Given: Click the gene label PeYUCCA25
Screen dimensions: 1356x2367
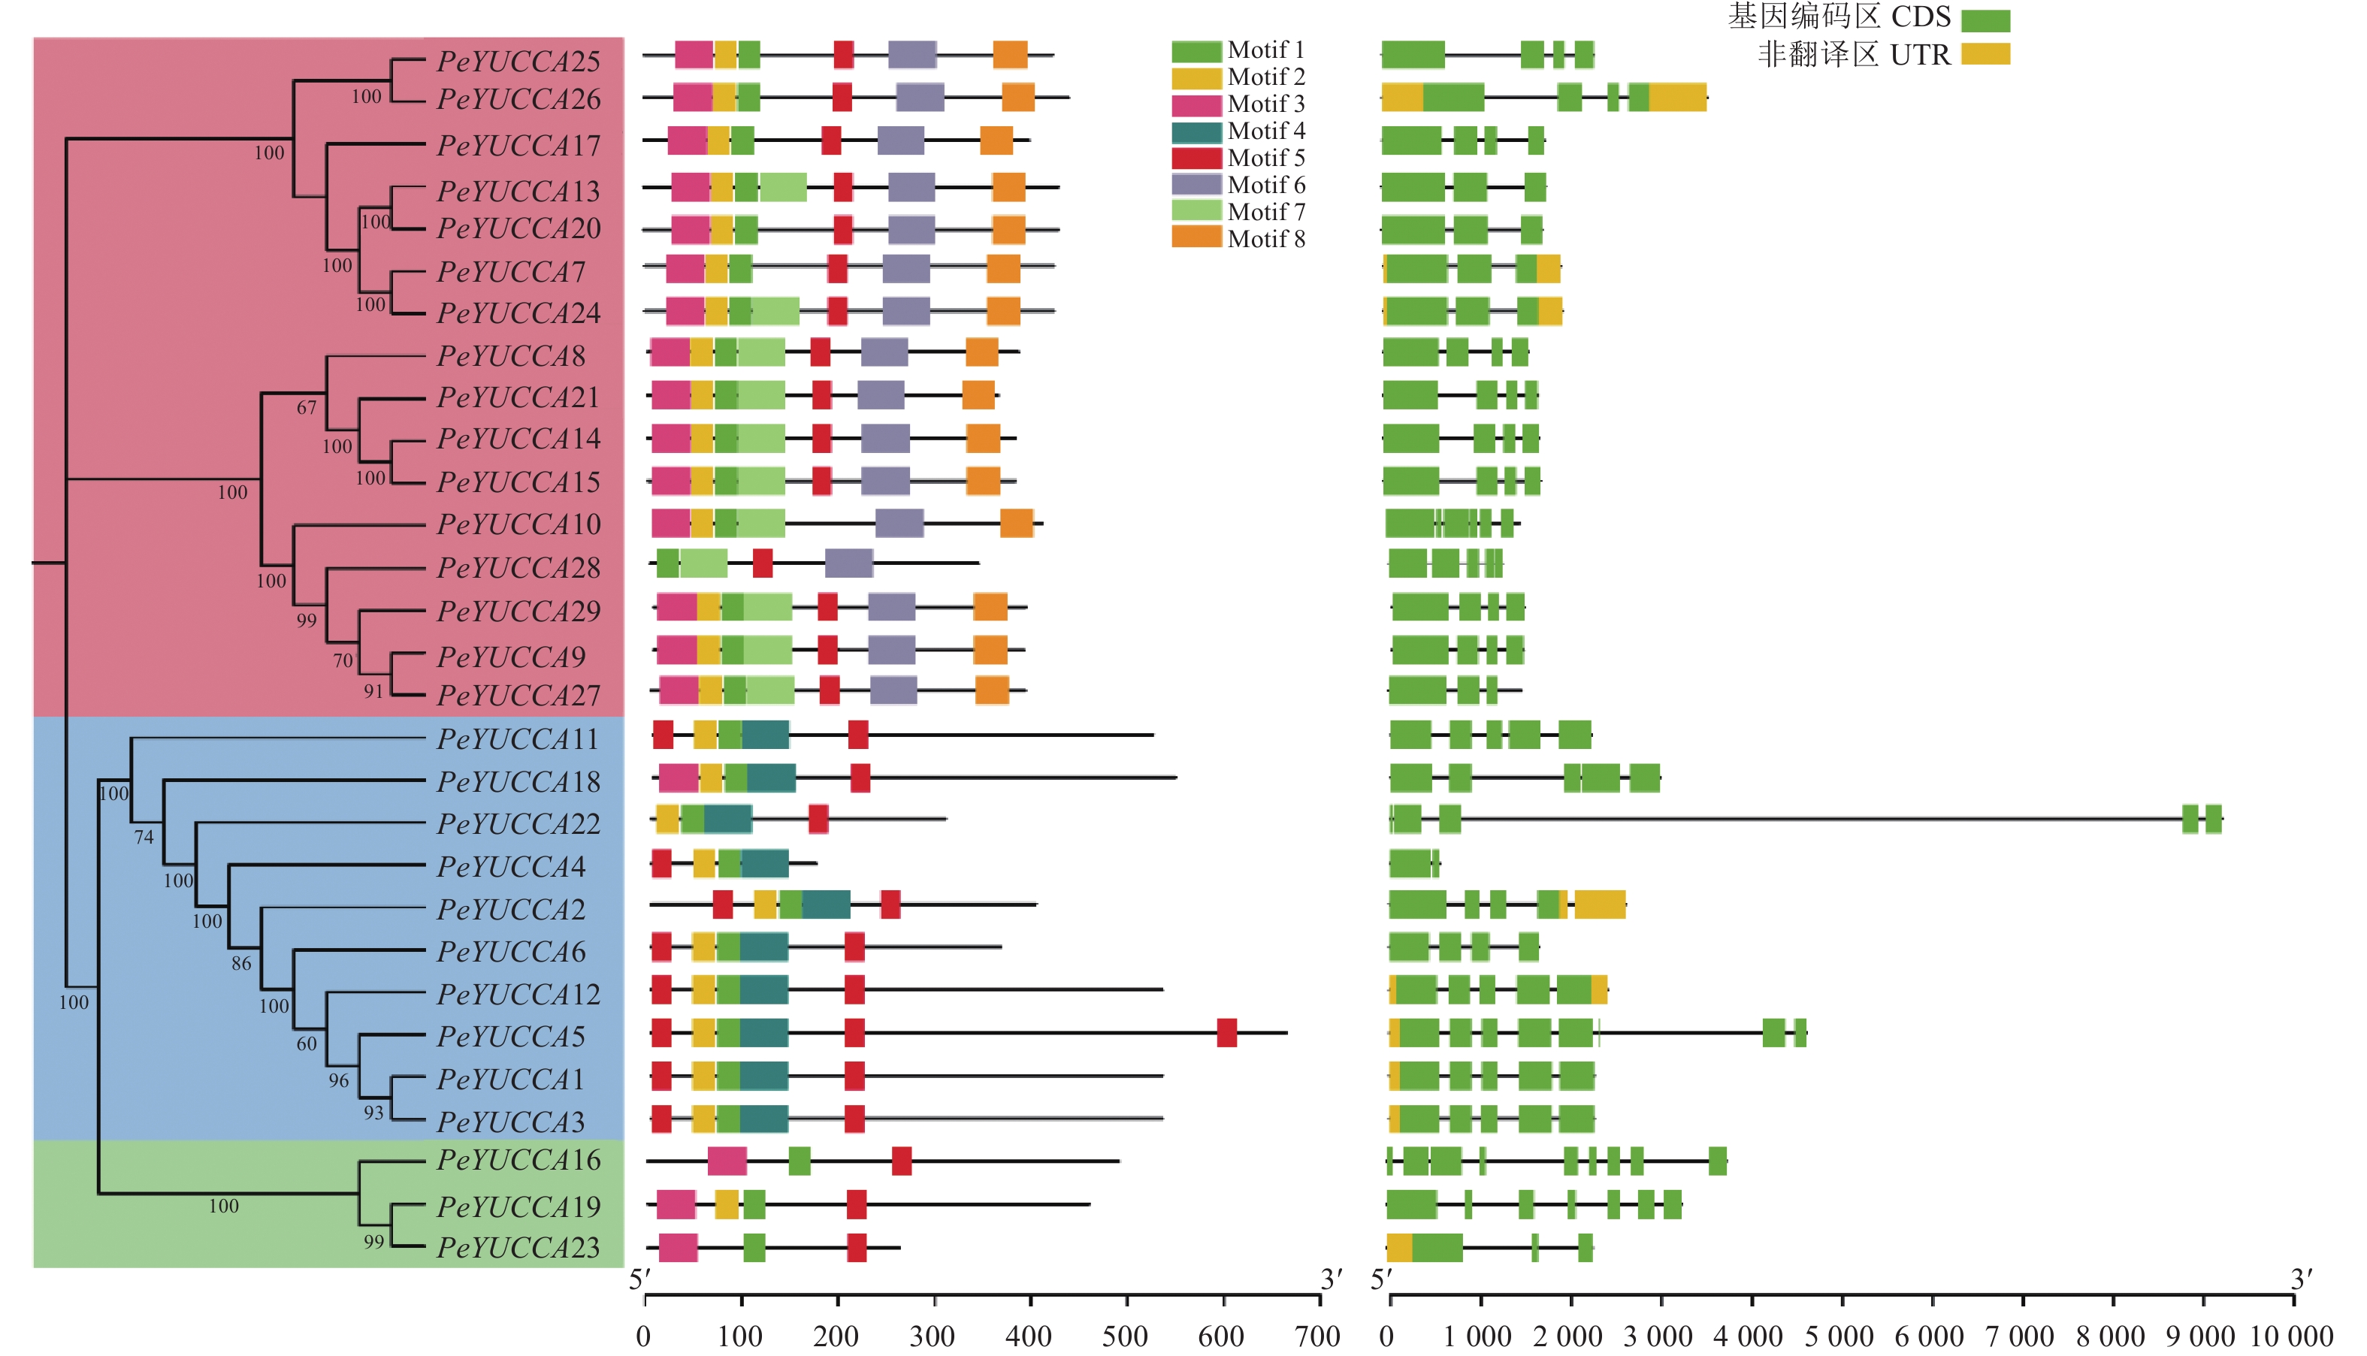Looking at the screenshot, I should (518, 62).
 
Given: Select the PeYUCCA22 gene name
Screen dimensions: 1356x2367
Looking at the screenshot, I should (518, 824).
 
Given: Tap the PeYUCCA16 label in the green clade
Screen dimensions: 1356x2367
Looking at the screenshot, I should (518, 1161).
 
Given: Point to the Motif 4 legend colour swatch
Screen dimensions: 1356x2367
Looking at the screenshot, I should (1196, 131).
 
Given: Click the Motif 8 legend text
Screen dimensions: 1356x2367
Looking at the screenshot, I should (1266, 240).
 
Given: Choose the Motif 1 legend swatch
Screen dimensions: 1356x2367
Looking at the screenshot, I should (1196, 50).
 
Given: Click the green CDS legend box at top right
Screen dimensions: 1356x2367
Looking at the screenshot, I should (1985, 20).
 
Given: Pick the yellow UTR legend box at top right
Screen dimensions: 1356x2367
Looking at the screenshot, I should (1985, 54).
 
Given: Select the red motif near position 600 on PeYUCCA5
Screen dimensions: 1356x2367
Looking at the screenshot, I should (1227, 1033).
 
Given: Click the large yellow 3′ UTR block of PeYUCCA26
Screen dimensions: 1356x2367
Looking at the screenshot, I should (1678, 98).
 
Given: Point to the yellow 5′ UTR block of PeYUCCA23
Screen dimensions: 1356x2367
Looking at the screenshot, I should (1399, 1248).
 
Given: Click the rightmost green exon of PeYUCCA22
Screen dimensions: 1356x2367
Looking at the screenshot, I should (2213, 819).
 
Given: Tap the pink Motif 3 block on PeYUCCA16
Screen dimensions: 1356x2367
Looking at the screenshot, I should (727, 1161).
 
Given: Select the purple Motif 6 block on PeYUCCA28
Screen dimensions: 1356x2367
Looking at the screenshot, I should (848, 563).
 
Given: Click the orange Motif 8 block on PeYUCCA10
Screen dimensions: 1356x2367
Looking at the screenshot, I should (1016, 524).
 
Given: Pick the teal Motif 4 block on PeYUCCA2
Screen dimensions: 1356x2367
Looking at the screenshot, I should (827, 905).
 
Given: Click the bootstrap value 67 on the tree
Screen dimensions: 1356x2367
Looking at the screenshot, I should (307, 408).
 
